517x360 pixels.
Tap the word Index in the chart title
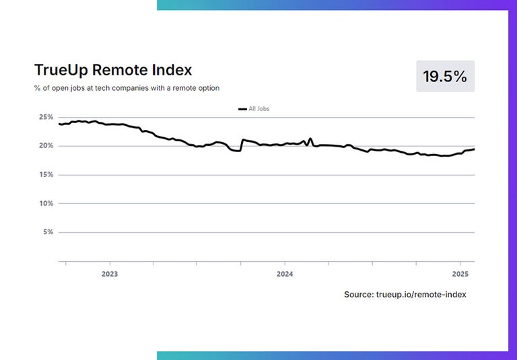[172, 70]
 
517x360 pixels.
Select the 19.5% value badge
[445, 76]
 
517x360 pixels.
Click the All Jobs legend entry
[258, 108]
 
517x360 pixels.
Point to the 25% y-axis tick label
[46, 117]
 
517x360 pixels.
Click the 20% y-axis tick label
[46, 146]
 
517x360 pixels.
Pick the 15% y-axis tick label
[46, 175]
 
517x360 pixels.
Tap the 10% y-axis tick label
[46, 203]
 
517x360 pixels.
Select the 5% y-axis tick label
[48, 232]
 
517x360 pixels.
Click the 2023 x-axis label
[109, 275]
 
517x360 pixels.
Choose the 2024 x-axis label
[285, 275]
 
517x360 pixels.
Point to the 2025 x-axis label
[460, 275]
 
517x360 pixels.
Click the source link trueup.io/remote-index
[421, 295]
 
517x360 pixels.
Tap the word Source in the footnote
[358, 295]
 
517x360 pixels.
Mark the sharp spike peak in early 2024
[310, 139]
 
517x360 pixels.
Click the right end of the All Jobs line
[474, 149]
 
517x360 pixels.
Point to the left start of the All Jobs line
[59, 124]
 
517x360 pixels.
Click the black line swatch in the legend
[242, 109]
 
